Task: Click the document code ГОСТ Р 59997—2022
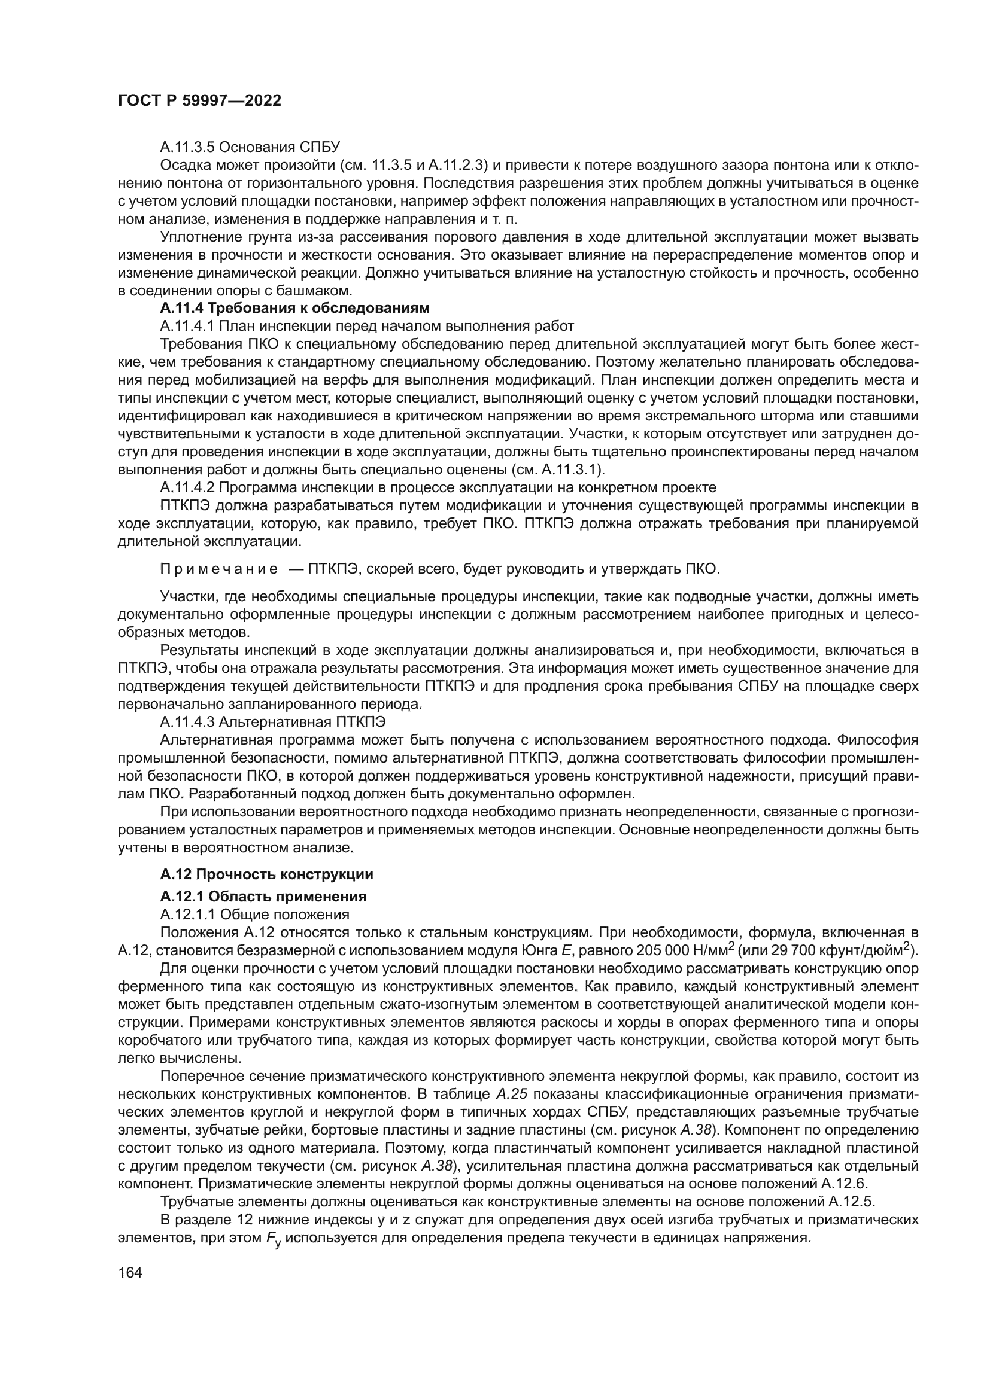point(199,101)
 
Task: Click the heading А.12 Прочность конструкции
point(266,874)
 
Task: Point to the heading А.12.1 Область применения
point(263,897)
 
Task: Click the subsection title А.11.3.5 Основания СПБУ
point(250,147)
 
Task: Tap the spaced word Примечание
point(219,569)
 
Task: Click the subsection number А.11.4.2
point(187,487)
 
